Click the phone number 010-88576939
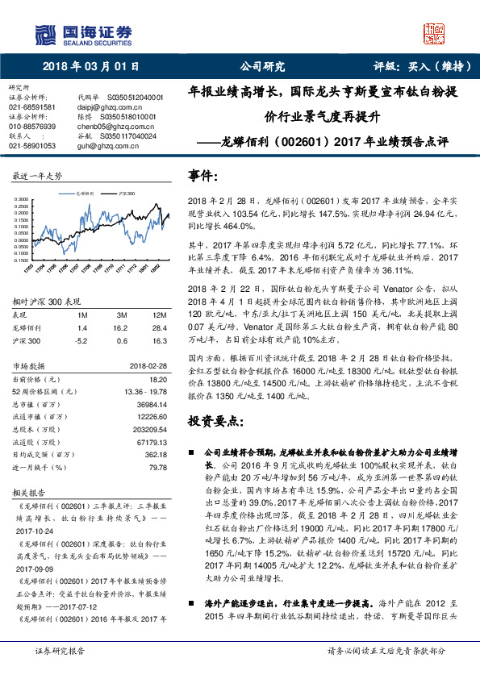click(32, 127)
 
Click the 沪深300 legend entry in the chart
click(125, 194)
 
